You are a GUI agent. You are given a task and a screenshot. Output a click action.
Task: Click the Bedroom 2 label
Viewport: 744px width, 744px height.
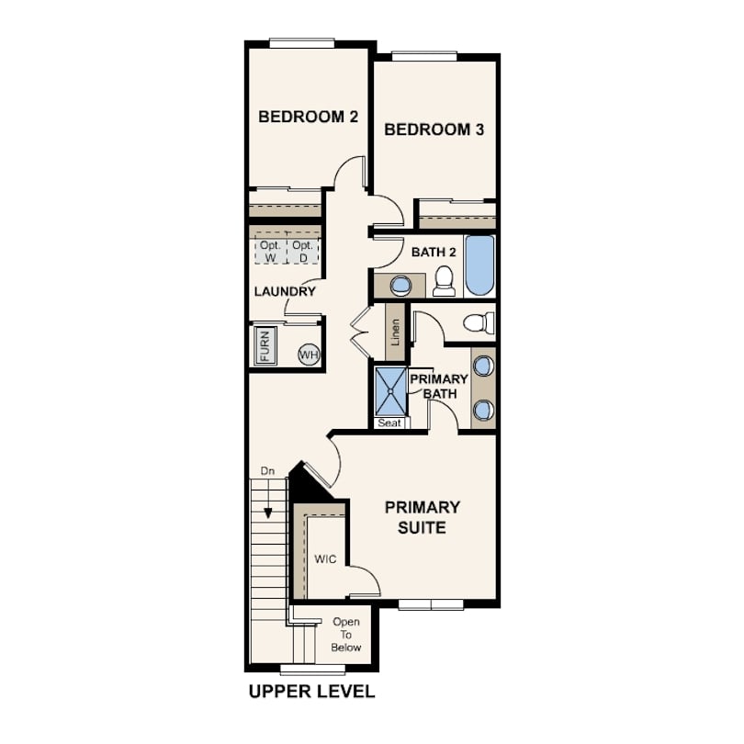308,117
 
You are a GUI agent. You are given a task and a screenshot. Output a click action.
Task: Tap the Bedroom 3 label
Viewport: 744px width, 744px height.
434,130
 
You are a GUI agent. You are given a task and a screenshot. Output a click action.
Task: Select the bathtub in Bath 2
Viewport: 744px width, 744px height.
479,265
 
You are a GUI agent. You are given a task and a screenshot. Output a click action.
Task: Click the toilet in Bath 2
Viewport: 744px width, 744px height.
445,281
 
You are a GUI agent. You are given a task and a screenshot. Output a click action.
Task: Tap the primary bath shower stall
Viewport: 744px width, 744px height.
390,391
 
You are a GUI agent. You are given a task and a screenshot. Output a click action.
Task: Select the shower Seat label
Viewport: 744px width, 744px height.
389,423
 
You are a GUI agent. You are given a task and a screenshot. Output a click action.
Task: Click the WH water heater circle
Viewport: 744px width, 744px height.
309,355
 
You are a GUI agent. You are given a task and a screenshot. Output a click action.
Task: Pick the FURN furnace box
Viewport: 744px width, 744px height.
265,346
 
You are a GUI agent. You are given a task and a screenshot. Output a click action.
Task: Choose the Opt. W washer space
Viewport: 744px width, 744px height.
270,251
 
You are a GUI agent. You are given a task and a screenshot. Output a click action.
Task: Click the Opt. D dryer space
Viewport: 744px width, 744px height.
303,251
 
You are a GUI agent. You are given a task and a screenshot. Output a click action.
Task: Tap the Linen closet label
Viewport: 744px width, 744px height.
395,332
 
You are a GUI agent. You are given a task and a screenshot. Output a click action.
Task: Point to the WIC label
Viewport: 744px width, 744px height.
325,559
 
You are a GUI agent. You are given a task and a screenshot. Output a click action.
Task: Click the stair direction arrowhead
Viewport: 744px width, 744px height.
268,513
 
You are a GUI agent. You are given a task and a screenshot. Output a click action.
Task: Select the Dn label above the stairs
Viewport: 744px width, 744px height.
267,471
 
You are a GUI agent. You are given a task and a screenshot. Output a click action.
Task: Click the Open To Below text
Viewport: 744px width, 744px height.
346,635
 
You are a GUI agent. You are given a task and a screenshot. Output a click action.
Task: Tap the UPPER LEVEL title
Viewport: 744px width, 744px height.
311,692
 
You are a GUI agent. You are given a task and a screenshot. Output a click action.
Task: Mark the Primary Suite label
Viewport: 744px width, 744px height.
422,517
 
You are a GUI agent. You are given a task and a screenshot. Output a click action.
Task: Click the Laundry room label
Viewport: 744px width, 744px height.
285,291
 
